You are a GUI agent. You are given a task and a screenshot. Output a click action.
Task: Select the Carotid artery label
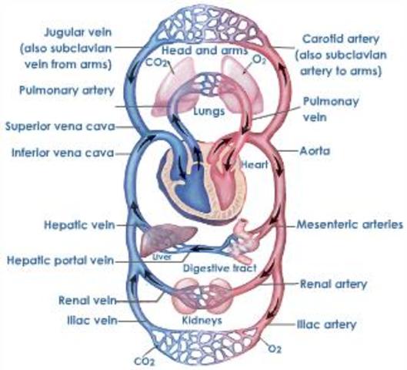pyautogui.click(x=337, y=37)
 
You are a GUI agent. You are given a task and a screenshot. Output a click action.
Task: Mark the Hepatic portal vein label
pyautogui.click(x=64, y=260)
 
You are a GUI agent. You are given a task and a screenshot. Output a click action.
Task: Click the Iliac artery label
pyautogui.click(x=329, y=325)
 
